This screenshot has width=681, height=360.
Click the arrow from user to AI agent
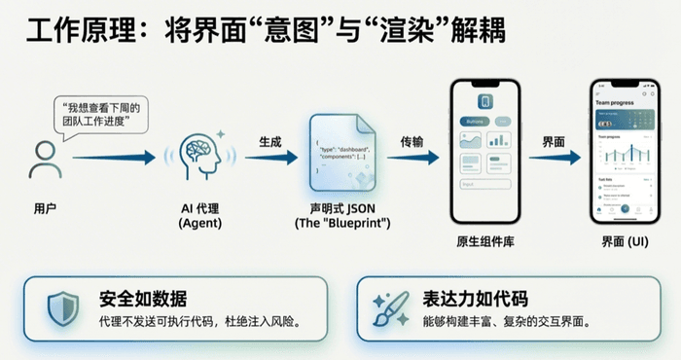113,156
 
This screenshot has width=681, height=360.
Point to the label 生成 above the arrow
269,142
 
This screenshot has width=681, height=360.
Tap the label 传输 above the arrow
412,142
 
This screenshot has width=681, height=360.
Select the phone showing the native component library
484,151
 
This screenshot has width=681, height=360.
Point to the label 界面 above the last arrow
554,142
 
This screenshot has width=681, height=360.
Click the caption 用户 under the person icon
45,207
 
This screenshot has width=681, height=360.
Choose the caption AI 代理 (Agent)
202,215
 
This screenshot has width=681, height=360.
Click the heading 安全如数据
143,298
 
